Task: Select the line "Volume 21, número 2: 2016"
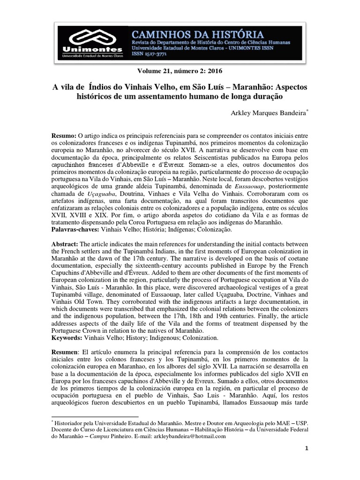pyautogui.click(x=180, y=71)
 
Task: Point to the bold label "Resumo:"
pyautogui.click(x=63, y=135)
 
